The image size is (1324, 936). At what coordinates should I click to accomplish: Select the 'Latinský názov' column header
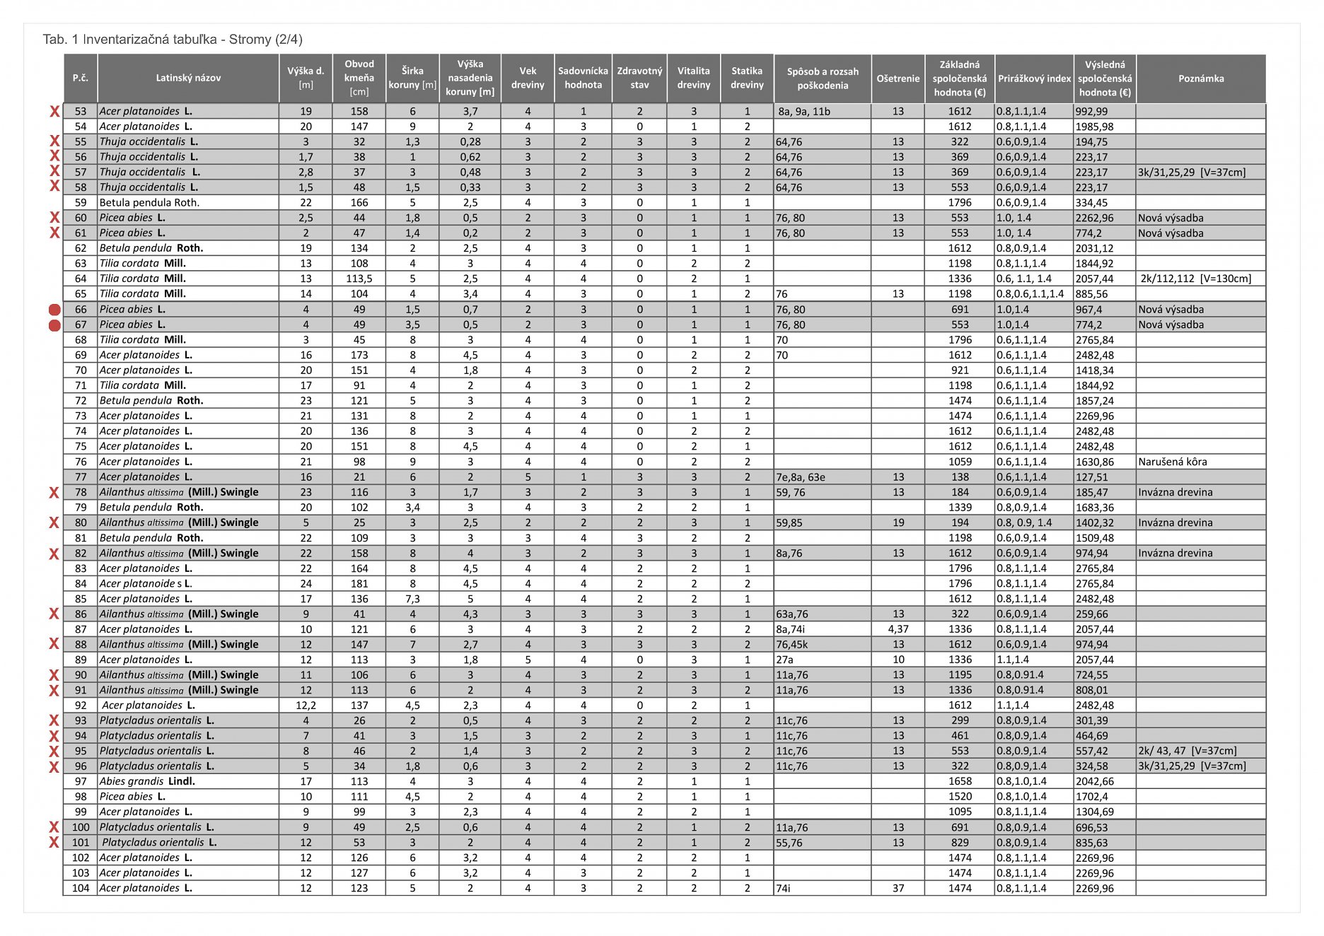(188, 78)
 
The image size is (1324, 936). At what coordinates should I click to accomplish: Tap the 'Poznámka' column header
(1200, 78)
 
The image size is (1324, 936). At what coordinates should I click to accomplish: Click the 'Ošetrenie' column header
(898, 78)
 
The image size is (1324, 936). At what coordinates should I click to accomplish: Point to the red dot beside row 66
(54, 310)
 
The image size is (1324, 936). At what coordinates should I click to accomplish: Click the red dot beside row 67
(54, 325)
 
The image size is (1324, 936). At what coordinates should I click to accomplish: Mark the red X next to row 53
(54, 112)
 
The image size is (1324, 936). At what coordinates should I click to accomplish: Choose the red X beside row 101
(54, 843)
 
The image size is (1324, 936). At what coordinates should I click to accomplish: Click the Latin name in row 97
(147, 781)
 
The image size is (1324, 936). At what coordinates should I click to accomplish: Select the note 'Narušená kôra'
(1172, 462)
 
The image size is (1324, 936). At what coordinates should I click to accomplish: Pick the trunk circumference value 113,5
(359, 279)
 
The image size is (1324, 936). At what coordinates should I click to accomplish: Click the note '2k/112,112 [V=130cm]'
(1195, 279)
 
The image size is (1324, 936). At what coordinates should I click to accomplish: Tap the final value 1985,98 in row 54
(1094, 127)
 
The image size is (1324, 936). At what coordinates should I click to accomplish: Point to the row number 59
(81, 203)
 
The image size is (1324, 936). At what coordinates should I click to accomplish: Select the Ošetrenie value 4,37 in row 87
(898, 629)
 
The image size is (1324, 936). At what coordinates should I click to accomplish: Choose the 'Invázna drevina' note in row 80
(1175, 522)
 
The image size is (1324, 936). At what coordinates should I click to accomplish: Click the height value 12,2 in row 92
(306, 706)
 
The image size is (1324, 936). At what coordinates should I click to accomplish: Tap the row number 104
(81, 888)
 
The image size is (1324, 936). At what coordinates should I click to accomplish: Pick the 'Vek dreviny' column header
(528, 78)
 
